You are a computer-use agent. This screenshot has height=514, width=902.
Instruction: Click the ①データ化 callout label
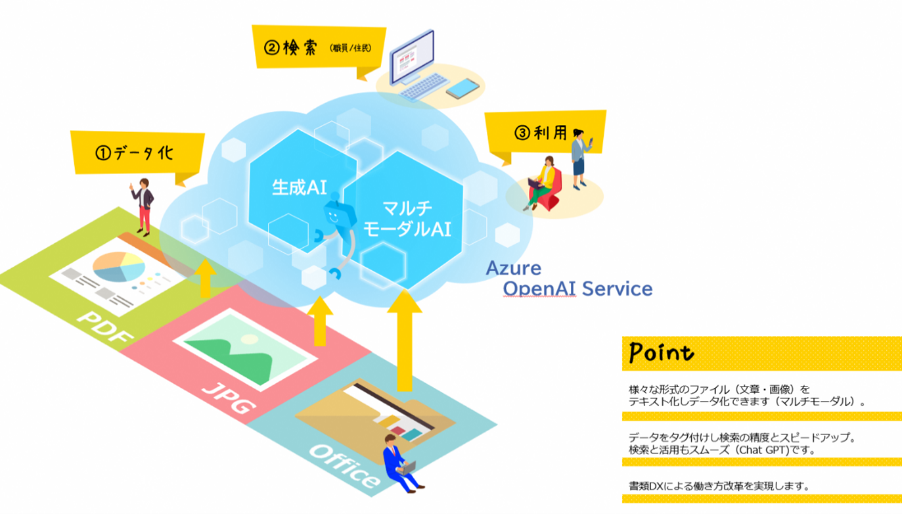pos(134,152)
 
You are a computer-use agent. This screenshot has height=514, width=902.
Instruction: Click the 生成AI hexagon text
pos(299,187)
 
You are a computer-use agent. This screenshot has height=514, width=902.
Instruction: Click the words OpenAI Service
pos(577,289)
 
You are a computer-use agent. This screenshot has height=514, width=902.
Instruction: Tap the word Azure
pos(513,268)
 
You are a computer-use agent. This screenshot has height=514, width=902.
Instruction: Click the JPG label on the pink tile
pos(227,398)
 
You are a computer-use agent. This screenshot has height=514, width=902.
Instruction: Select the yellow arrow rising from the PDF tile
pos(206,277)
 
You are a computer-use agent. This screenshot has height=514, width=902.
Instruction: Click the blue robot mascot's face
pos(334,214)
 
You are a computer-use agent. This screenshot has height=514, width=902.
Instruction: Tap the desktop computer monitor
pos(412,57)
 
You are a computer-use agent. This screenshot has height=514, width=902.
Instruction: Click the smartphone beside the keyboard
pos(462,88)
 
